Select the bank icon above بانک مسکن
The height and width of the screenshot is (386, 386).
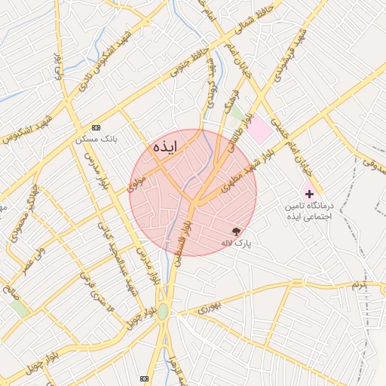[x=95, y=128]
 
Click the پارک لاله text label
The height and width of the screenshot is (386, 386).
[x=235, y=244]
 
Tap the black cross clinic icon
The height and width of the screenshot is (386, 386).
[x=309, y=194]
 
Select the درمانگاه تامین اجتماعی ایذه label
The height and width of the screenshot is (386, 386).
[x=308, y=211]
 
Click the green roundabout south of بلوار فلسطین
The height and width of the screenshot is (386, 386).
[x=163, y=311]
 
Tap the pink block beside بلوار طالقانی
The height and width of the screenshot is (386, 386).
[x=260, y=130]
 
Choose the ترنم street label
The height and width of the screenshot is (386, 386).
[x=356, y=285]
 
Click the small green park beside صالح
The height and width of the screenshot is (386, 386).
[x=20, y=308]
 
